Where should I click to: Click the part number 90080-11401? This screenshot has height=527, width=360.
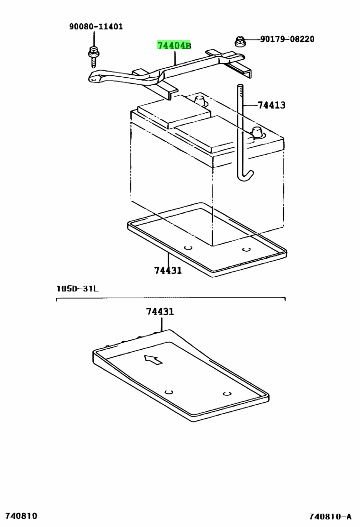96,27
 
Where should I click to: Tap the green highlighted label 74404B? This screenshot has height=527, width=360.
174,45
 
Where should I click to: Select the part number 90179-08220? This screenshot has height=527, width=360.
287,39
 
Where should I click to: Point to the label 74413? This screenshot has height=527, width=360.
272,105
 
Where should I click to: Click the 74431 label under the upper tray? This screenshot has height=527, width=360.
168,270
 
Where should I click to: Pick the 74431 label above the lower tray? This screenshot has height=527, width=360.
160,311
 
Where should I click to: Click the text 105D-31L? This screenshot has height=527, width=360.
77,288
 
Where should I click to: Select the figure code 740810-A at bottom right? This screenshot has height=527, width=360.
331,516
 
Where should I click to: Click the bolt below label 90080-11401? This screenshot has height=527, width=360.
93,56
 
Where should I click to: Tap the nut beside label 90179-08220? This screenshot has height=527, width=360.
239,41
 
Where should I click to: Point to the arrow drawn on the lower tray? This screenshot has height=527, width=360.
153,359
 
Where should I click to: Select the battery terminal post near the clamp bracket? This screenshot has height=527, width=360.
199,100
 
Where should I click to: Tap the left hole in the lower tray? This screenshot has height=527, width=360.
169,392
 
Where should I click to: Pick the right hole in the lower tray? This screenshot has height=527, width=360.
227,393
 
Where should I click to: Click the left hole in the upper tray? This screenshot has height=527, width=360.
189,248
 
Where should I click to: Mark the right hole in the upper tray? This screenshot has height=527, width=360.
246,249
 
